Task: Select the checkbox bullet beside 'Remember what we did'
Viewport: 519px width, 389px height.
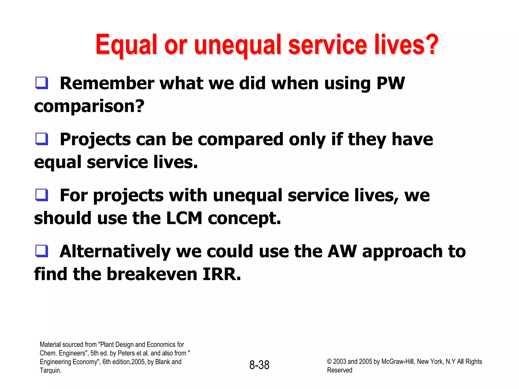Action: tap(42, 83)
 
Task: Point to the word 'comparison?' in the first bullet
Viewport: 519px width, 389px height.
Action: tap(89, 106)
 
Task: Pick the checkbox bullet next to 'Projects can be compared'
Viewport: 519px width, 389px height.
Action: tap(42, 139)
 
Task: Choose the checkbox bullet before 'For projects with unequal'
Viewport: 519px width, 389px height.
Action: tap(42, 195)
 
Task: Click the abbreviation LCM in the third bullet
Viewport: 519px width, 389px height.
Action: tap(184, 218)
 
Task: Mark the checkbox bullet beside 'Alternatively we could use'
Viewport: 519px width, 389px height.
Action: tap(42, 251)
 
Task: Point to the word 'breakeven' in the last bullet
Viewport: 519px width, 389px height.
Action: tap(152, 274)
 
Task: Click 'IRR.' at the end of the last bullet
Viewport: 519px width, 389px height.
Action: tap(222, 274)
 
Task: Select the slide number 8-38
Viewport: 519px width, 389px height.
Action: tap(259, 365)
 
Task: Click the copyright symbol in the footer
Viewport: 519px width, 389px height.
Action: tap(329, 362)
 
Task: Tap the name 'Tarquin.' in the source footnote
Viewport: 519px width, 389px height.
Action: tap(50, 371)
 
